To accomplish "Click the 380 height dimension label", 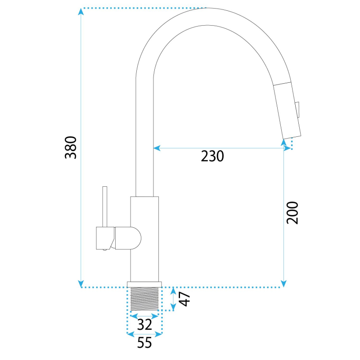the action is click(71, 148).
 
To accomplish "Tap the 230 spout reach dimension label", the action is click(212, 156).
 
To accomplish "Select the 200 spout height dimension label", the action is click(292, 212).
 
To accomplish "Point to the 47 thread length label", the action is click(184, 299).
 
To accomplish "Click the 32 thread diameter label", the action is click(144, 324).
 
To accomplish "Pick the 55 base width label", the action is click(144, 342).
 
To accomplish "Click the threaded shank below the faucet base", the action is click(144, 299).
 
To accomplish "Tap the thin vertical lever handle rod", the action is click(105, 207).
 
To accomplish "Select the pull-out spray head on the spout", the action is click(287, 110).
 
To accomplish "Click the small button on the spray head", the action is click(297, 110).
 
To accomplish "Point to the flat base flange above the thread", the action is click(144, 284).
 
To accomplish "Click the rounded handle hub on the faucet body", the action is click(128, 238).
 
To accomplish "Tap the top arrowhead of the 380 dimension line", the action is click(81, 12).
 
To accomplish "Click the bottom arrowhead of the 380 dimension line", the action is click(81, 284).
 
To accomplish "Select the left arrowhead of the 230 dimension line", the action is click(157, 148).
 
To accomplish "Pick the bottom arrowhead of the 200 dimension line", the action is click(284, 284).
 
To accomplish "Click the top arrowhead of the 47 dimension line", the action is click(173, 291).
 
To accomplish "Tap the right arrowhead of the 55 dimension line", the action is click(159, 334).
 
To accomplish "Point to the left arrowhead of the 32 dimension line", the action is click(134, 316).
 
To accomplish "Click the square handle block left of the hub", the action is click(105, 238).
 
